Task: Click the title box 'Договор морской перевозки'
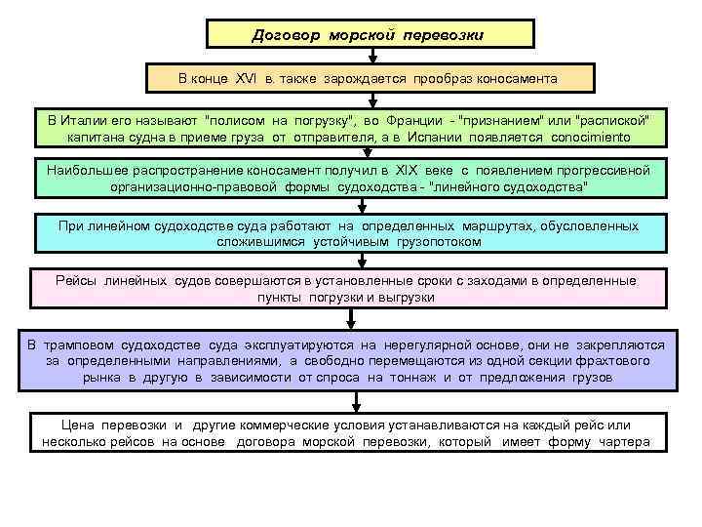click(x=370, y=35)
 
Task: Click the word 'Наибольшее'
click(x=84, y=169)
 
